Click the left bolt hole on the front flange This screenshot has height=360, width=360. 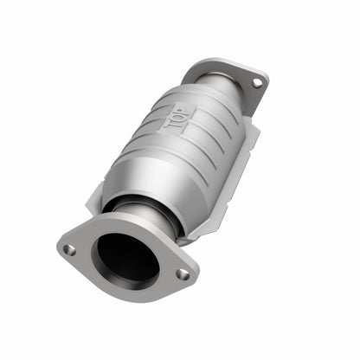(x=69, y=250)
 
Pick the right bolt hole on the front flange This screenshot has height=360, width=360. (x=183, y=274)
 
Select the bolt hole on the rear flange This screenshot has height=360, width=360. (x=256, y=83)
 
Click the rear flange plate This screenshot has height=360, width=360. (x=244, y=87)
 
